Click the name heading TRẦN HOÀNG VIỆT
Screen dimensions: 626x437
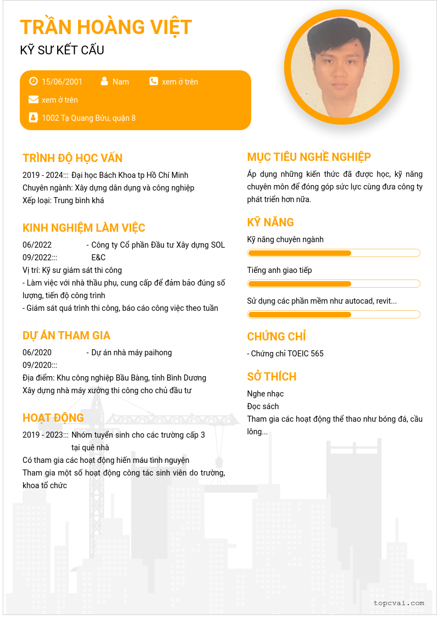click(x=106, y=27)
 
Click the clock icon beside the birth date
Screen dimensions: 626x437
click(x=34, y=81)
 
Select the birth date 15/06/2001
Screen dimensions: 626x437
click(x=62, y=82)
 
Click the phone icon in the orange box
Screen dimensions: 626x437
click(x=153, y=81)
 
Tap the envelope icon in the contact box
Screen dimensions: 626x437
click(x=34, y=99)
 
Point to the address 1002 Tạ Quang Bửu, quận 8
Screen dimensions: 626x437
click(x=88, y=118)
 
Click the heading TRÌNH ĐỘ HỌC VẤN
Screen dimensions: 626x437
click(x=73, y=158)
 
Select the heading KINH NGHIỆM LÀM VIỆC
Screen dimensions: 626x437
click(x=84, y=228)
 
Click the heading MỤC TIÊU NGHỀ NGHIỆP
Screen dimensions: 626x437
click(x=309, y=157)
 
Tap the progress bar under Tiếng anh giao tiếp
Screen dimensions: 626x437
click(x=334, y=284)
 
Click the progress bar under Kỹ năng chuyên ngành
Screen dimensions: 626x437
click(x=334, y=253)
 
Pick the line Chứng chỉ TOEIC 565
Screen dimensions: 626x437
click(x=285, y=354)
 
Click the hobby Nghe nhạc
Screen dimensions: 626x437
click(x=265, y=394)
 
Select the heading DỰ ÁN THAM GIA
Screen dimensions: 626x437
click(x=67, y=336)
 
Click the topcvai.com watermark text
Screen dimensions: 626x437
click(x=399, y=603)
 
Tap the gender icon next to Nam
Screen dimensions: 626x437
click(x=104, y=81)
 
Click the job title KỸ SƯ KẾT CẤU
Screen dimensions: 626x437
click(x=62, y=51)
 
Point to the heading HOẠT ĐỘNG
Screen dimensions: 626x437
click(x=53, y=418)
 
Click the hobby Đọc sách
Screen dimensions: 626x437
click(x=263, y=406)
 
